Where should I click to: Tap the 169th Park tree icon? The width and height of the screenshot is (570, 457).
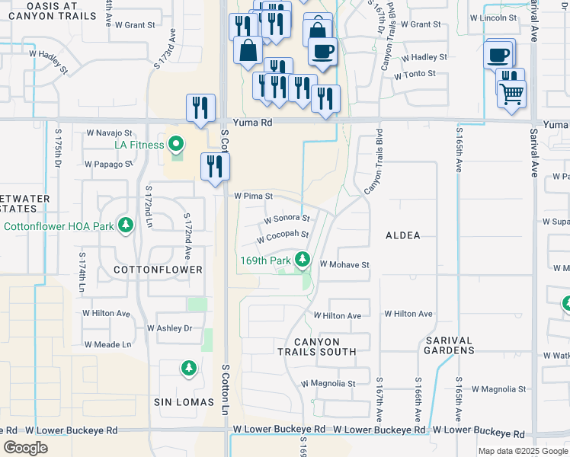303,260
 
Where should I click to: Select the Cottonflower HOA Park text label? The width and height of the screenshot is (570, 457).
59,226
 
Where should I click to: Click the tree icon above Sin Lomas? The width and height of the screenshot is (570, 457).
188,369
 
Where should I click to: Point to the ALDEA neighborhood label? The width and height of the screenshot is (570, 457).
403,235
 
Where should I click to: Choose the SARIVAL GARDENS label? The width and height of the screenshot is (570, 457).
450,344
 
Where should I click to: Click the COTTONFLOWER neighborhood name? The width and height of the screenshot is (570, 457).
158,270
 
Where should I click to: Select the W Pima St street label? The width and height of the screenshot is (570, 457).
253,196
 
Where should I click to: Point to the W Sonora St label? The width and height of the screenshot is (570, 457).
287,219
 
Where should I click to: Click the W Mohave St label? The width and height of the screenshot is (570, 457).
344,265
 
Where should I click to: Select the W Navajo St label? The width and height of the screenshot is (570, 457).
108,133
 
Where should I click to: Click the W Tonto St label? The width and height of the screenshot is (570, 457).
415,74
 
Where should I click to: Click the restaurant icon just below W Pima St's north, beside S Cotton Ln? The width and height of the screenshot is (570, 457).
215,167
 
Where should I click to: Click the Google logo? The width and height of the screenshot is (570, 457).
26,448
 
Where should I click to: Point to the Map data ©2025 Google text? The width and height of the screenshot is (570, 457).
523,451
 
